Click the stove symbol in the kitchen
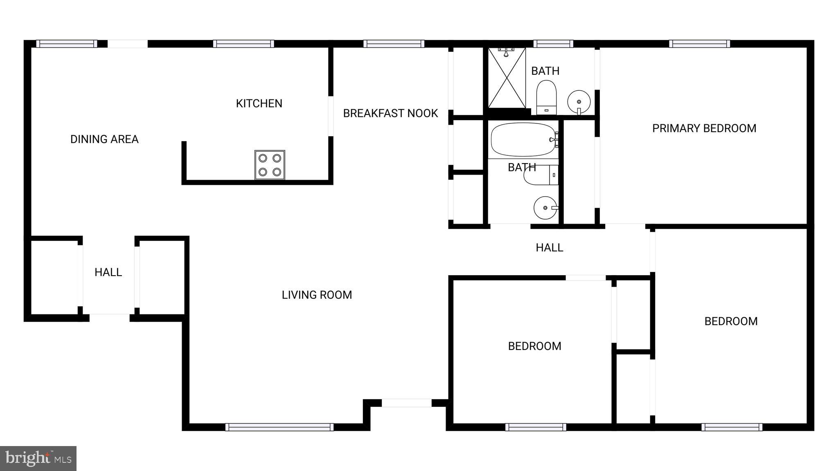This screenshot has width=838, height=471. coord(270,165)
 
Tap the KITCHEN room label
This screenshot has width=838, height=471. coord(259,103)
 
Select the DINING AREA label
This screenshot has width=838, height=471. coord(104,139)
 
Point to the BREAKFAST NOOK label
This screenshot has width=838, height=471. coord(390,113)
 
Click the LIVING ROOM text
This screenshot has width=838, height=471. coord(317,295)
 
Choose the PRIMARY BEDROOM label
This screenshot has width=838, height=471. coord(704,128)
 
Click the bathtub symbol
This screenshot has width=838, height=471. coord(523,140)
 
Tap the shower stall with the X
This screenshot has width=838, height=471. coord(507,78)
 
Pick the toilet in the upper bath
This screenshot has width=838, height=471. coord(546,98)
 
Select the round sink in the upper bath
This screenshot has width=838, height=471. coord(579,101)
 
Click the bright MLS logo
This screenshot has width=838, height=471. coord(38,458)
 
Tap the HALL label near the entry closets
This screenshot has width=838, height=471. coord(108,272)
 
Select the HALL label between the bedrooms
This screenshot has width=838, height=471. coord(549,247)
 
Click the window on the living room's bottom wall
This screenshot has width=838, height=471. coord(279,427)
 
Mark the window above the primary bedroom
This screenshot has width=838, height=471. coord(699,44)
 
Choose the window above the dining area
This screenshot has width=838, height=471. coord(66,44)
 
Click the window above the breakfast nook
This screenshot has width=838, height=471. coord(394,44)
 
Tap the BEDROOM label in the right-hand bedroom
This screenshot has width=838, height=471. coord(731,321)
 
